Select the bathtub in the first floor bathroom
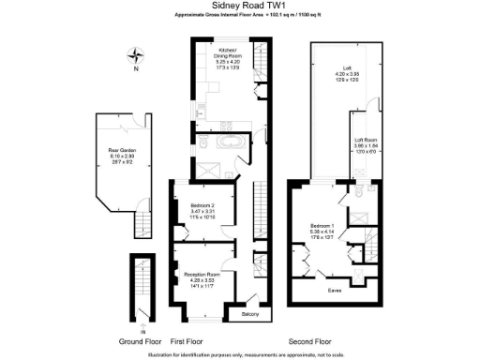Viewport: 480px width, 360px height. pyautogui.click(x=229, y=143)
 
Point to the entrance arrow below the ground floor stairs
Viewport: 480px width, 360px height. pyautogui.click(x=141, y=330)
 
